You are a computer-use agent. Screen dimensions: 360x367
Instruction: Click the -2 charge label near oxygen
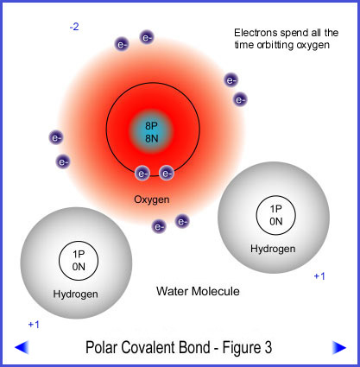point(74,27)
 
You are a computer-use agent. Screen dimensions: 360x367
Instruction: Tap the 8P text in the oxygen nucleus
point(151,126)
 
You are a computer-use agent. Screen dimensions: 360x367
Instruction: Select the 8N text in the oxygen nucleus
point(152,139)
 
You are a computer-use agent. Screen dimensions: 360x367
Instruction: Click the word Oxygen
point(152,199)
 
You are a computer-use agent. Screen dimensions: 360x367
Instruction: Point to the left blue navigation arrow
point(22,347)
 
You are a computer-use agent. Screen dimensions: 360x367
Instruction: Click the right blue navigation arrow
point(339,347)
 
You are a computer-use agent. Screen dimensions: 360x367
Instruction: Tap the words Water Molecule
point(198,291)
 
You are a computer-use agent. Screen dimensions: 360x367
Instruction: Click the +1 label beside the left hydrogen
point(34,325)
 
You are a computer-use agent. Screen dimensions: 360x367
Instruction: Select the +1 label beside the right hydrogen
point(319,276)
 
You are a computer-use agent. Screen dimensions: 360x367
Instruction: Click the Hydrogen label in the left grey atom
point(76,294)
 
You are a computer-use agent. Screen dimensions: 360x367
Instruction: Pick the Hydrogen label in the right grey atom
point(273,249)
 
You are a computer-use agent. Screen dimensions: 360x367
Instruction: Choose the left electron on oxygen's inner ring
point(142,174)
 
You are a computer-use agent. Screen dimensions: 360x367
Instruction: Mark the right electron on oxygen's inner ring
point(167,174)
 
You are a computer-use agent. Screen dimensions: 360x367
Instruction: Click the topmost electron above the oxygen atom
point(147,37)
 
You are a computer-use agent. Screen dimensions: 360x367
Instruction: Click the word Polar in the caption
point(99,347)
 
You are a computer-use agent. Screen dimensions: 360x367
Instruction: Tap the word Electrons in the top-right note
point(256,33)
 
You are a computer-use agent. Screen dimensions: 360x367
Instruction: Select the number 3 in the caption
point(268,347)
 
